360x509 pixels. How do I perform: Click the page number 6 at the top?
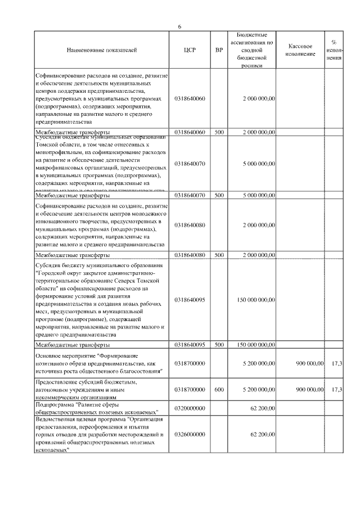pos(179,26)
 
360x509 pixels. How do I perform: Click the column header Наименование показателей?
pos(101,51)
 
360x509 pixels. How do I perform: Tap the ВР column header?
pos(219,51)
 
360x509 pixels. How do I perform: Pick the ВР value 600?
pos(219,389)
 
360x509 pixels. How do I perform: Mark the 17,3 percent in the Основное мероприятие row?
pos(337,364)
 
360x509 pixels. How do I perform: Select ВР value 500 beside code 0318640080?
pos(219,254)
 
